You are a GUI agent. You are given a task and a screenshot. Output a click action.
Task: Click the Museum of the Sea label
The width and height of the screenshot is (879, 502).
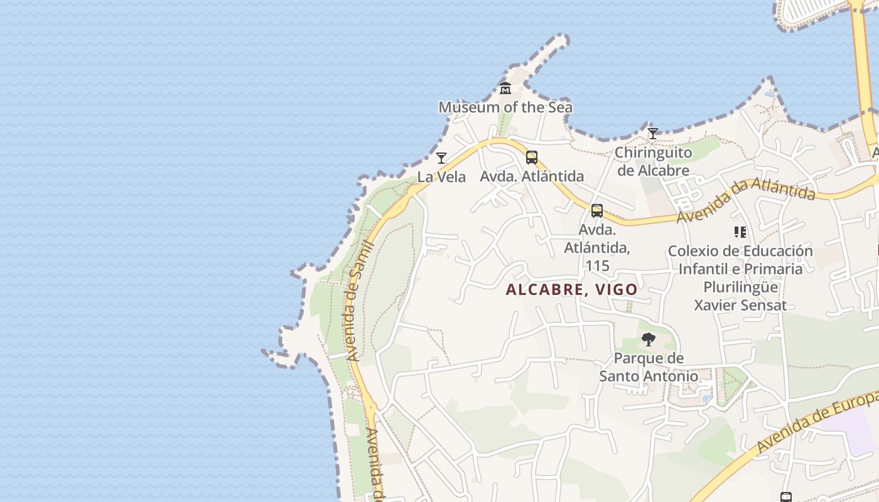[505, 107]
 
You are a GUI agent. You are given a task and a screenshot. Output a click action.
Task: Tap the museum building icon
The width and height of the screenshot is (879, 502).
[505, 88]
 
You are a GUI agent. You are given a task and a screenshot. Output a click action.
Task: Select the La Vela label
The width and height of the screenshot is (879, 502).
[441, 177]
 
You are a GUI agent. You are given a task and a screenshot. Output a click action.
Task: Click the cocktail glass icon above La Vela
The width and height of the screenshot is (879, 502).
[441, 158]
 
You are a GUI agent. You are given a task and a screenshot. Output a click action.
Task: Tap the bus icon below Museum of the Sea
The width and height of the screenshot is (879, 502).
[532, 158]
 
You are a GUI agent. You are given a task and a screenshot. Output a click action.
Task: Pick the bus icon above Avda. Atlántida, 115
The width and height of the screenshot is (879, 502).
[597, 211]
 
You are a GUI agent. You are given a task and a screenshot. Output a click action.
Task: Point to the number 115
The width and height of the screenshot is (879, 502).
[597, 266]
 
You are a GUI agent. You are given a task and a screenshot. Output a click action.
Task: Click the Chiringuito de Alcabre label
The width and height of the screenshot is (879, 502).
[653, 161]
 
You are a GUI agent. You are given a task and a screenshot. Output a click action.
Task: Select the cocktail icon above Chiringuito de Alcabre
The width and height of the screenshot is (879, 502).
[653, 134]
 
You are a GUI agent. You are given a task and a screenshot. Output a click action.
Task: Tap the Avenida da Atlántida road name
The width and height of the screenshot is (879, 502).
[746, 198]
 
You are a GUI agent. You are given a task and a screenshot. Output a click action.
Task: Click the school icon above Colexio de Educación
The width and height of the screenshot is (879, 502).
[740, 233]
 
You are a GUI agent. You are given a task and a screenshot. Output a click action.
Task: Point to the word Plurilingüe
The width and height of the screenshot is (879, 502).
[740, 287]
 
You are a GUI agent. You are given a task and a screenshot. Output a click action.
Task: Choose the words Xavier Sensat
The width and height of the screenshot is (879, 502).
[740, 306]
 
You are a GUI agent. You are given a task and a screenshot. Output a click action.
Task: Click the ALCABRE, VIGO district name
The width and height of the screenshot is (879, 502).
[571, 290]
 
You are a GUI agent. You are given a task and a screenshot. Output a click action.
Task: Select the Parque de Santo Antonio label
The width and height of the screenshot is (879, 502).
[649, 367]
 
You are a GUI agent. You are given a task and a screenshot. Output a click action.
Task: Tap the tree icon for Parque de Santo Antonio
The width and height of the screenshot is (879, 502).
[649, 340]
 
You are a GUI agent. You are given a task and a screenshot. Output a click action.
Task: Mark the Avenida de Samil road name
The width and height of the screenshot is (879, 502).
[359, 301]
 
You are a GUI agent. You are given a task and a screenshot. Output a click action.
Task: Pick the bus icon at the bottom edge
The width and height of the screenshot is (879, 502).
[785, 497]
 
